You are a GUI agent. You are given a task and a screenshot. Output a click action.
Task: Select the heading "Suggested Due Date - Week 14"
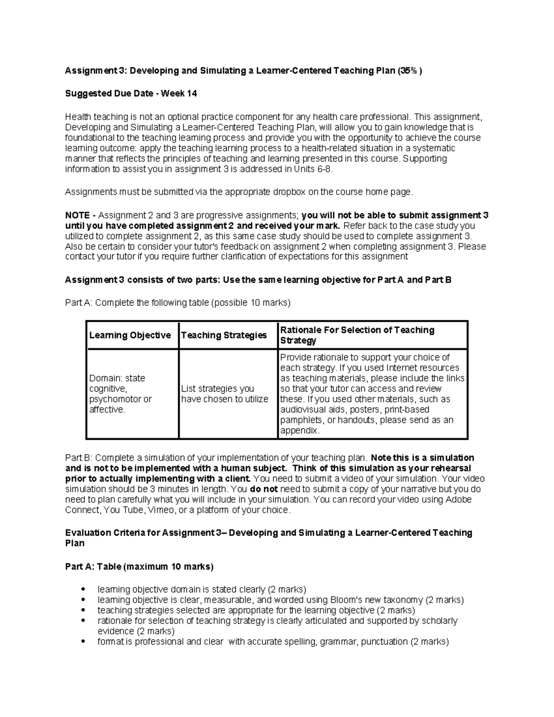coord(131,94)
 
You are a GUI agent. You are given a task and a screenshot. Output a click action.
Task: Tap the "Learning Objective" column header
coord(130,335)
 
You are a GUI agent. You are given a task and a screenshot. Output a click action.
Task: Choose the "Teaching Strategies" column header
coord(224,335)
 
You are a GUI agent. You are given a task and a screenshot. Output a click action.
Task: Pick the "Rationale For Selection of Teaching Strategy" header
coord(357,335)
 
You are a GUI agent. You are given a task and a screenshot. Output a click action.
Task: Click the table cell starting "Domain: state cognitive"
coord(120,394)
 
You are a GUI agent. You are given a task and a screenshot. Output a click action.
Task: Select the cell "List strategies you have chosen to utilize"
coord(224,394)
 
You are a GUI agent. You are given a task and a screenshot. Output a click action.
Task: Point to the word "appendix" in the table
coord(299,431)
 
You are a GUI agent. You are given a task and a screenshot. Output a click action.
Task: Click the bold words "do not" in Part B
coord(264,489)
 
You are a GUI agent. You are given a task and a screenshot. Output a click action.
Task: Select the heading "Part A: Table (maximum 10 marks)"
coord(139,566)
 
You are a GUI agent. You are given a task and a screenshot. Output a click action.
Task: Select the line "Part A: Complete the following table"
coord(178,303)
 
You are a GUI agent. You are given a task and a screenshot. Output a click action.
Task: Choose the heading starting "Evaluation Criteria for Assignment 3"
coord(268,533)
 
